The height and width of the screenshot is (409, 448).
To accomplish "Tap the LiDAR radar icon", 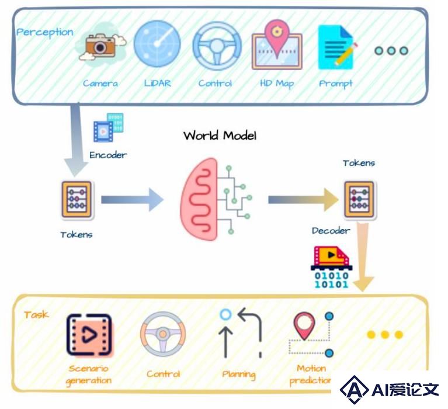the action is pos(157,43).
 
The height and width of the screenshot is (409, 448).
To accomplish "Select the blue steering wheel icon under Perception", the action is pos(217,46).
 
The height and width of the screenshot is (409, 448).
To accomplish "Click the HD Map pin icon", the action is pos(277,44).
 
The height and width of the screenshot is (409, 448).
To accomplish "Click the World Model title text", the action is pos(220,135).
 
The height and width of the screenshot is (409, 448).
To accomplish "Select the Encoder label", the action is pos(108,155).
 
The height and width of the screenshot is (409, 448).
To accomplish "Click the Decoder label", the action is pos(331,231).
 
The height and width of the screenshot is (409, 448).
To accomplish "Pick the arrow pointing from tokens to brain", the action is pos(132,199).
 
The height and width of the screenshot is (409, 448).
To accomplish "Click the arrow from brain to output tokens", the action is pos(303,199).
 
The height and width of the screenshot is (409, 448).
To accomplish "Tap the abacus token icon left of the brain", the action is pos(77,199).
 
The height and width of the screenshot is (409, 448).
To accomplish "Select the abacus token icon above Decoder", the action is pos(359,199).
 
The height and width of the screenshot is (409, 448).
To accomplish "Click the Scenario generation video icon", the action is pos(89,335).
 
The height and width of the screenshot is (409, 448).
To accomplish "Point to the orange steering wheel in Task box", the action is pos(163,334).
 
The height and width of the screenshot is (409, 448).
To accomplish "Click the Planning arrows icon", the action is pos(241,332).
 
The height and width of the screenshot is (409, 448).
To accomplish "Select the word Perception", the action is pos(44,32).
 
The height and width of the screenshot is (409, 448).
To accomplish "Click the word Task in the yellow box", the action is pos(36,315).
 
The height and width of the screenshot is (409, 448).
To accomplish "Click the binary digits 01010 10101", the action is pos(331,280).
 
